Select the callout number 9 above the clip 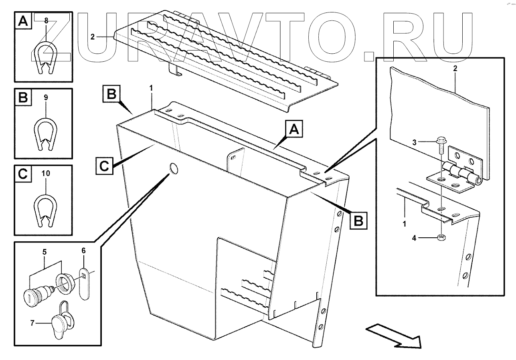click(x=46, y=97)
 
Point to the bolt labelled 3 click(x=440, y=144)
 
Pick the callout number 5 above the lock click(x=44, y=252)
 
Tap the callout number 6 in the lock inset click(x=83, y=251)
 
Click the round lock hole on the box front click(x=174, y=169)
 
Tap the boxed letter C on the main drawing click(x=104, y=165)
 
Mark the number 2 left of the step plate click(x=92, y=37)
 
